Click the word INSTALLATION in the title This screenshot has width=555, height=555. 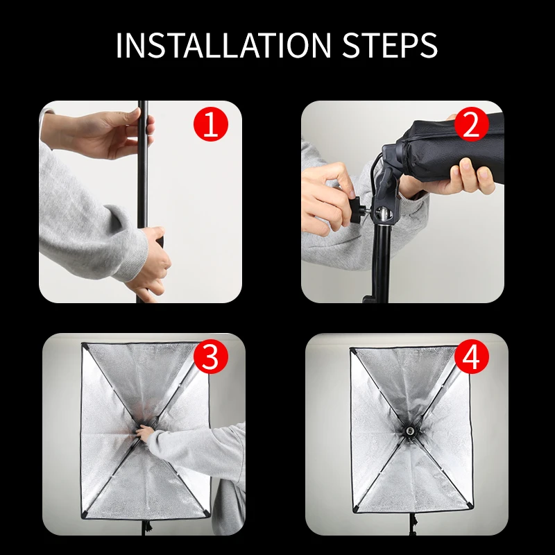pos(223,45)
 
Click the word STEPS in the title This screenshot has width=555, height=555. pos(390,45)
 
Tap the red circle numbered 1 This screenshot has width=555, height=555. pos(211,124)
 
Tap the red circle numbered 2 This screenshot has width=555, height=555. pos(471,124)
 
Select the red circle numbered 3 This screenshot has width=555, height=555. pos(211,357)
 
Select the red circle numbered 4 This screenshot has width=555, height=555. pos(471,357)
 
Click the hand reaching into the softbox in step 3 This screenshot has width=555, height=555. pos(145,433)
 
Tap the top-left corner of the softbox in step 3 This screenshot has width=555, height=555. pos(83,343)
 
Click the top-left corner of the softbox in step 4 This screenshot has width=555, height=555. pos(352,350)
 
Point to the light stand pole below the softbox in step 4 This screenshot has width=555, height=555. pos(412,524)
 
